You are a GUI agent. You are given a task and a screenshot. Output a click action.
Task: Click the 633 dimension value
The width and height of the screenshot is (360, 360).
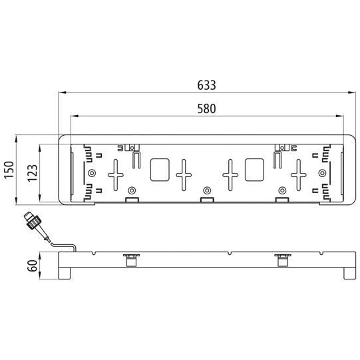point(206,85)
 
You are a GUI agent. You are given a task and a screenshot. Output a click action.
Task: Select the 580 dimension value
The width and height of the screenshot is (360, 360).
point(207,109)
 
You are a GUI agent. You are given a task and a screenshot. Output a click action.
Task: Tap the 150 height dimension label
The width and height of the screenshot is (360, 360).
point(9,170)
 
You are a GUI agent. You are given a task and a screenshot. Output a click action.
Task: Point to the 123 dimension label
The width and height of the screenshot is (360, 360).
point(33,173)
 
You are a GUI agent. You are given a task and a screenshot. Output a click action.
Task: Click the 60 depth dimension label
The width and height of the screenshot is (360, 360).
point(33,266)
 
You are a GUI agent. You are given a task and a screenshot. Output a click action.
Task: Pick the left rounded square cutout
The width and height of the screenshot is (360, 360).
point(160,170)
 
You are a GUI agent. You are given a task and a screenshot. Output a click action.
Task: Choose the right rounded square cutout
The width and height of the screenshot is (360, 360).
point(254,170)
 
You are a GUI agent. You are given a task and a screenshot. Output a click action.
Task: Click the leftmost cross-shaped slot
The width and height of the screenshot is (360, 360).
point(116,175)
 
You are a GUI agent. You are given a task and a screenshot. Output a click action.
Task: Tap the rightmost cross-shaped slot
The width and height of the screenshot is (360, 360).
point(299,175)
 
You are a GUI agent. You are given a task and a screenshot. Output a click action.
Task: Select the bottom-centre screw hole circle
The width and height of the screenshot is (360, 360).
point(207,190)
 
